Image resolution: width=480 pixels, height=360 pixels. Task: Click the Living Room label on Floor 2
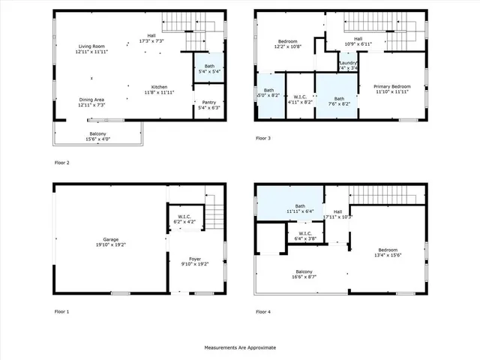coord(91,49)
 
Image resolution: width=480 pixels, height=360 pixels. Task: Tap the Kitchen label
coord(159,88)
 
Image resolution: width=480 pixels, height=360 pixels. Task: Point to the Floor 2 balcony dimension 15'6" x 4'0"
coord(97,139)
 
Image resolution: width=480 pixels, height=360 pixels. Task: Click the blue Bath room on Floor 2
coord(208,67)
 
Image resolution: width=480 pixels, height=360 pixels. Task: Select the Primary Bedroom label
coord(392,88)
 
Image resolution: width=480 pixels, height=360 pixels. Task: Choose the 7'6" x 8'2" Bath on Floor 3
coord(338,100)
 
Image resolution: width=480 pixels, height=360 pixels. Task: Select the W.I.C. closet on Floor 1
coord(184,219)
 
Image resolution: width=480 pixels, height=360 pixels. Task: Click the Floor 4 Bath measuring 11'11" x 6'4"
coord(300,208)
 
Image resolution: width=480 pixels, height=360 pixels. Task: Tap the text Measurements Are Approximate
coord(240,348)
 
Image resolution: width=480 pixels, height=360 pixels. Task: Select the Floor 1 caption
coord(61,311)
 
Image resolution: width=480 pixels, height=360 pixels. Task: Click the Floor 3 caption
coord(262,139)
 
